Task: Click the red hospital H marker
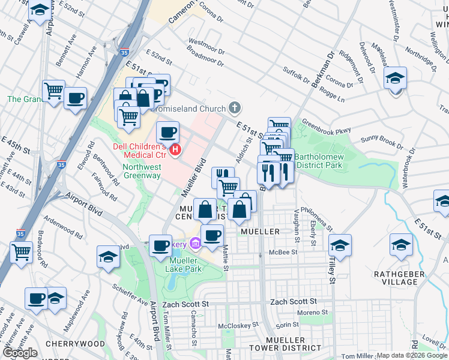point(175,149)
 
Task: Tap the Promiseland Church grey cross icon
point(235,109)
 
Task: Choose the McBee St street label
point(283,253)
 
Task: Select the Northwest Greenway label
point(142,171)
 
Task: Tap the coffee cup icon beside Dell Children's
point(167,130)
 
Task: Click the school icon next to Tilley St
point(340,245)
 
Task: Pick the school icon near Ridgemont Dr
point(395,78)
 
